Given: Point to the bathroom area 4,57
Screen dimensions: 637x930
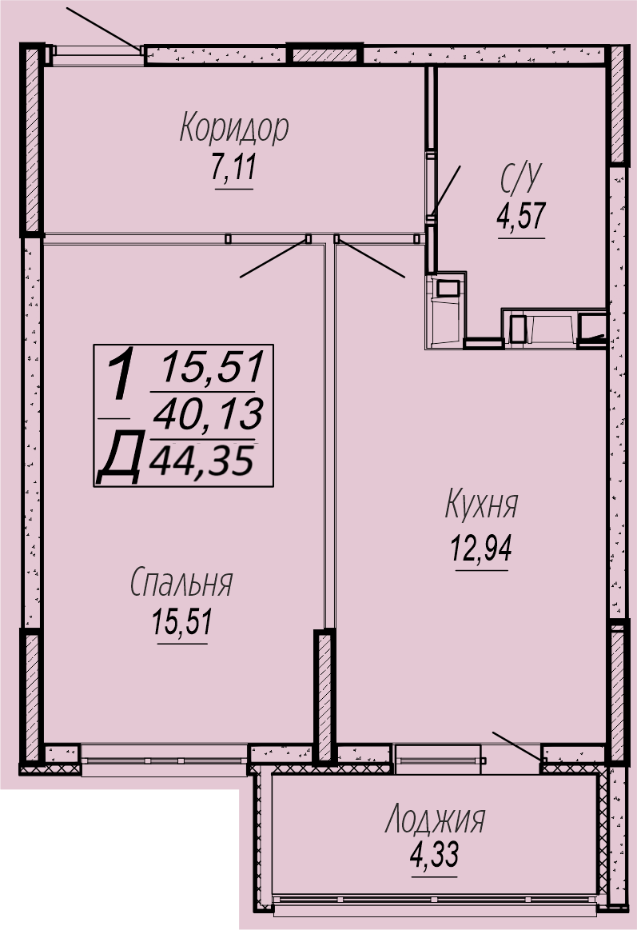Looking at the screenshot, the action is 521,216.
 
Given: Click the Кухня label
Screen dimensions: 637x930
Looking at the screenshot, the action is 481,505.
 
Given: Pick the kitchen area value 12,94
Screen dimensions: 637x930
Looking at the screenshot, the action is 481,548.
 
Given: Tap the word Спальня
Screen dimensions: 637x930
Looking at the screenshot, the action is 181,582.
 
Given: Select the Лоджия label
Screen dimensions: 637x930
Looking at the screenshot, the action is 435,820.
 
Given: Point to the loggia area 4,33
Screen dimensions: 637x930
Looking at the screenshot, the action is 435,856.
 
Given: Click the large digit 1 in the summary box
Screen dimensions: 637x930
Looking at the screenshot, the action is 121,377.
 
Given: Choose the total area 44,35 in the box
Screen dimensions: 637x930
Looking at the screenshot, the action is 201,461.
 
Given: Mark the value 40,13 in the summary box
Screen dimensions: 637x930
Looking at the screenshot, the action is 207,413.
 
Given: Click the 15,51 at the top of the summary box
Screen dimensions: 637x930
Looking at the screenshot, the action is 212,366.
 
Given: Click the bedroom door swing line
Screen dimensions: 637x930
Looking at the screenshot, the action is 274,258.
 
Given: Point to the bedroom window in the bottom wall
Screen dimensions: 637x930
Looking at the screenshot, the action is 164,760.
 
